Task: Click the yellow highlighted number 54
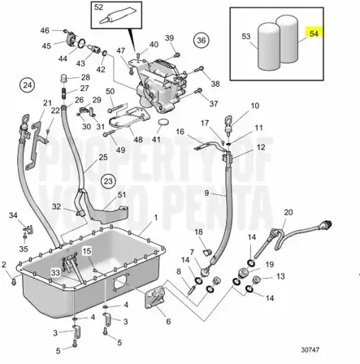tap(314, 36)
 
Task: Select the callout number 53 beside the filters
tap(245, 37)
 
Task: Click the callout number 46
tap(45, 32)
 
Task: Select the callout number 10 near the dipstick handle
tap(254, 106)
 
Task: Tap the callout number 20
tap(288, 212)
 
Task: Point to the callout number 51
tap(122, 195)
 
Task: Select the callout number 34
tap(12, 215)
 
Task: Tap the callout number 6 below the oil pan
tap(167, 321)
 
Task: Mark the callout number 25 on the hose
tap(102, 157)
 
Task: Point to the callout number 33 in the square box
tap(54, 272)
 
